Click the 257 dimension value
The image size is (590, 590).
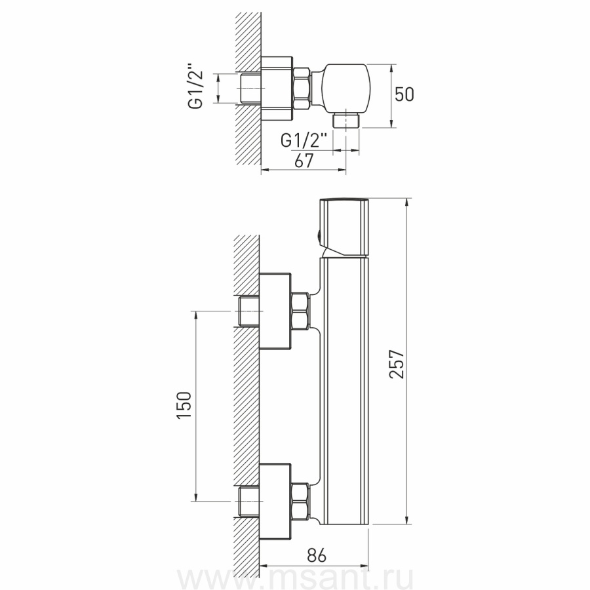pos(397,364)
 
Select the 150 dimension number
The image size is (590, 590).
pos(184,404)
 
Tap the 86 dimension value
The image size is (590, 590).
pos(317,555)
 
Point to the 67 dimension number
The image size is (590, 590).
pos(304,161)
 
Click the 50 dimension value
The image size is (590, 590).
pos(404,94)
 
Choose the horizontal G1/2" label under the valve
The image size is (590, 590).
pos(304,141)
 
